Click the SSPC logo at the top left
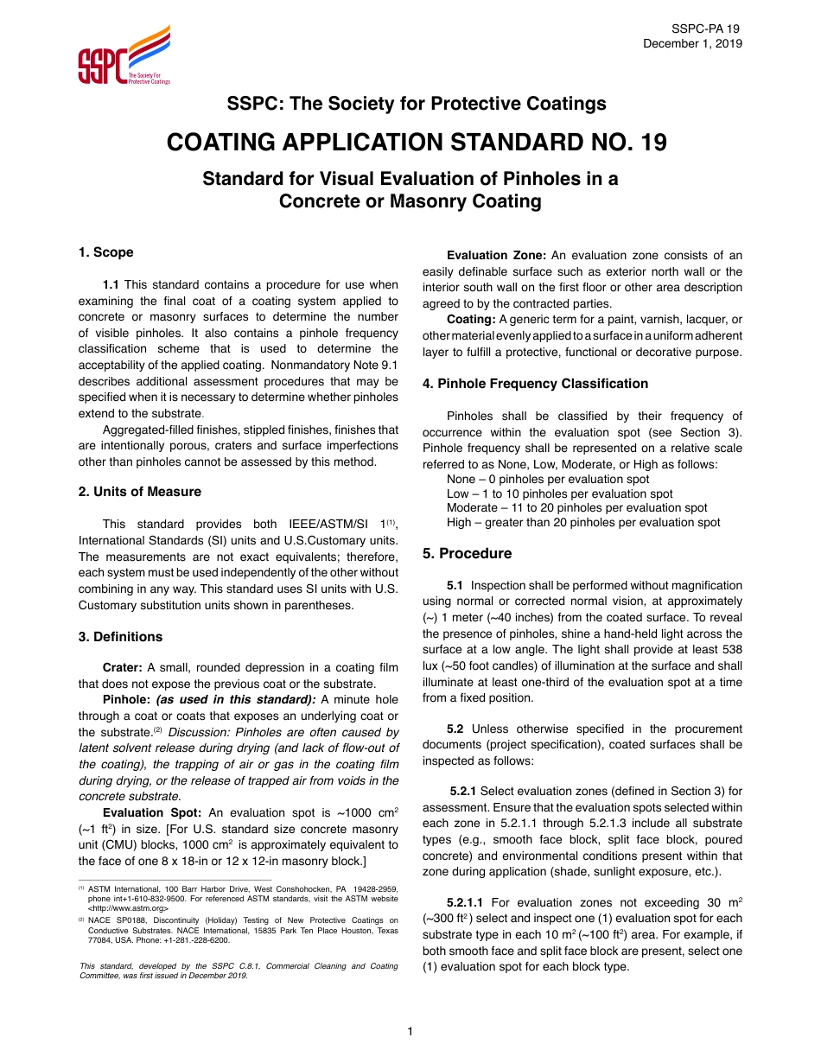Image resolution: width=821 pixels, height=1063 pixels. (124, 55)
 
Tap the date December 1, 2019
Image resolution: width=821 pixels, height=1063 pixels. (692, 44)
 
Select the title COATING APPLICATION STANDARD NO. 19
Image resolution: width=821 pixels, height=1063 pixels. (416, 142)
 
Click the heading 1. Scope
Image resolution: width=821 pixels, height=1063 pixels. (106, 252)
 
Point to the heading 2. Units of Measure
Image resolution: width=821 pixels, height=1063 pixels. (140, 492)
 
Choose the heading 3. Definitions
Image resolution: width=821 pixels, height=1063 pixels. (120, 637)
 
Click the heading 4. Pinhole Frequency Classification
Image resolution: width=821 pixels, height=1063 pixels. (535, 384)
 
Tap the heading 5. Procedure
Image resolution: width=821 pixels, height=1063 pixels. (467, 554)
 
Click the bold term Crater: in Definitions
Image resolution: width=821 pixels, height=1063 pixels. (123, 668)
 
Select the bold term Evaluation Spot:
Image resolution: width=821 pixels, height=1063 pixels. (152, 813)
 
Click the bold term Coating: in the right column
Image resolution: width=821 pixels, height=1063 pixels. (471, 320)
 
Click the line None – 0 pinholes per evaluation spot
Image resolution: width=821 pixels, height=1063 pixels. (548, 480)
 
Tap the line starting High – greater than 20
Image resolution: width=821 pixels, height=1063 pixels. (583, 523)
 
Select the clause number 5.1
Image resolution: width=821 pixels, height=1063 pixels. (455, 585)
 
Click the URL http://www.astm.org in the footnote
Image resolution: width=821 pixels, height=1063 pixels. (128, 908)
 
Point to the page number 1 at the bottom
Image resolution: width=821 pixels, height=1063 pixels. (410, 1031)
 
